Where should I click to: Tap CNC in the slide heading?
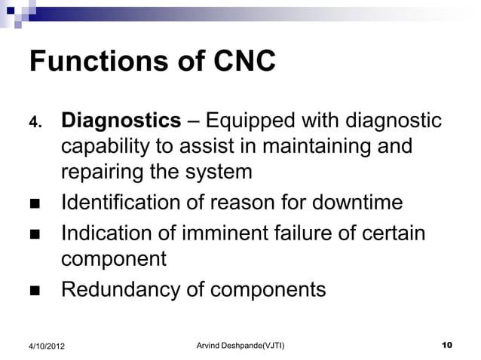coord(243,62)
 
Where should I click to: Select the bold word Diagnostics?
coord(121,121)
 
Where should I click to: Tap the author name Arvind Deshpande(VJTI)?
coord(240,345)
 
